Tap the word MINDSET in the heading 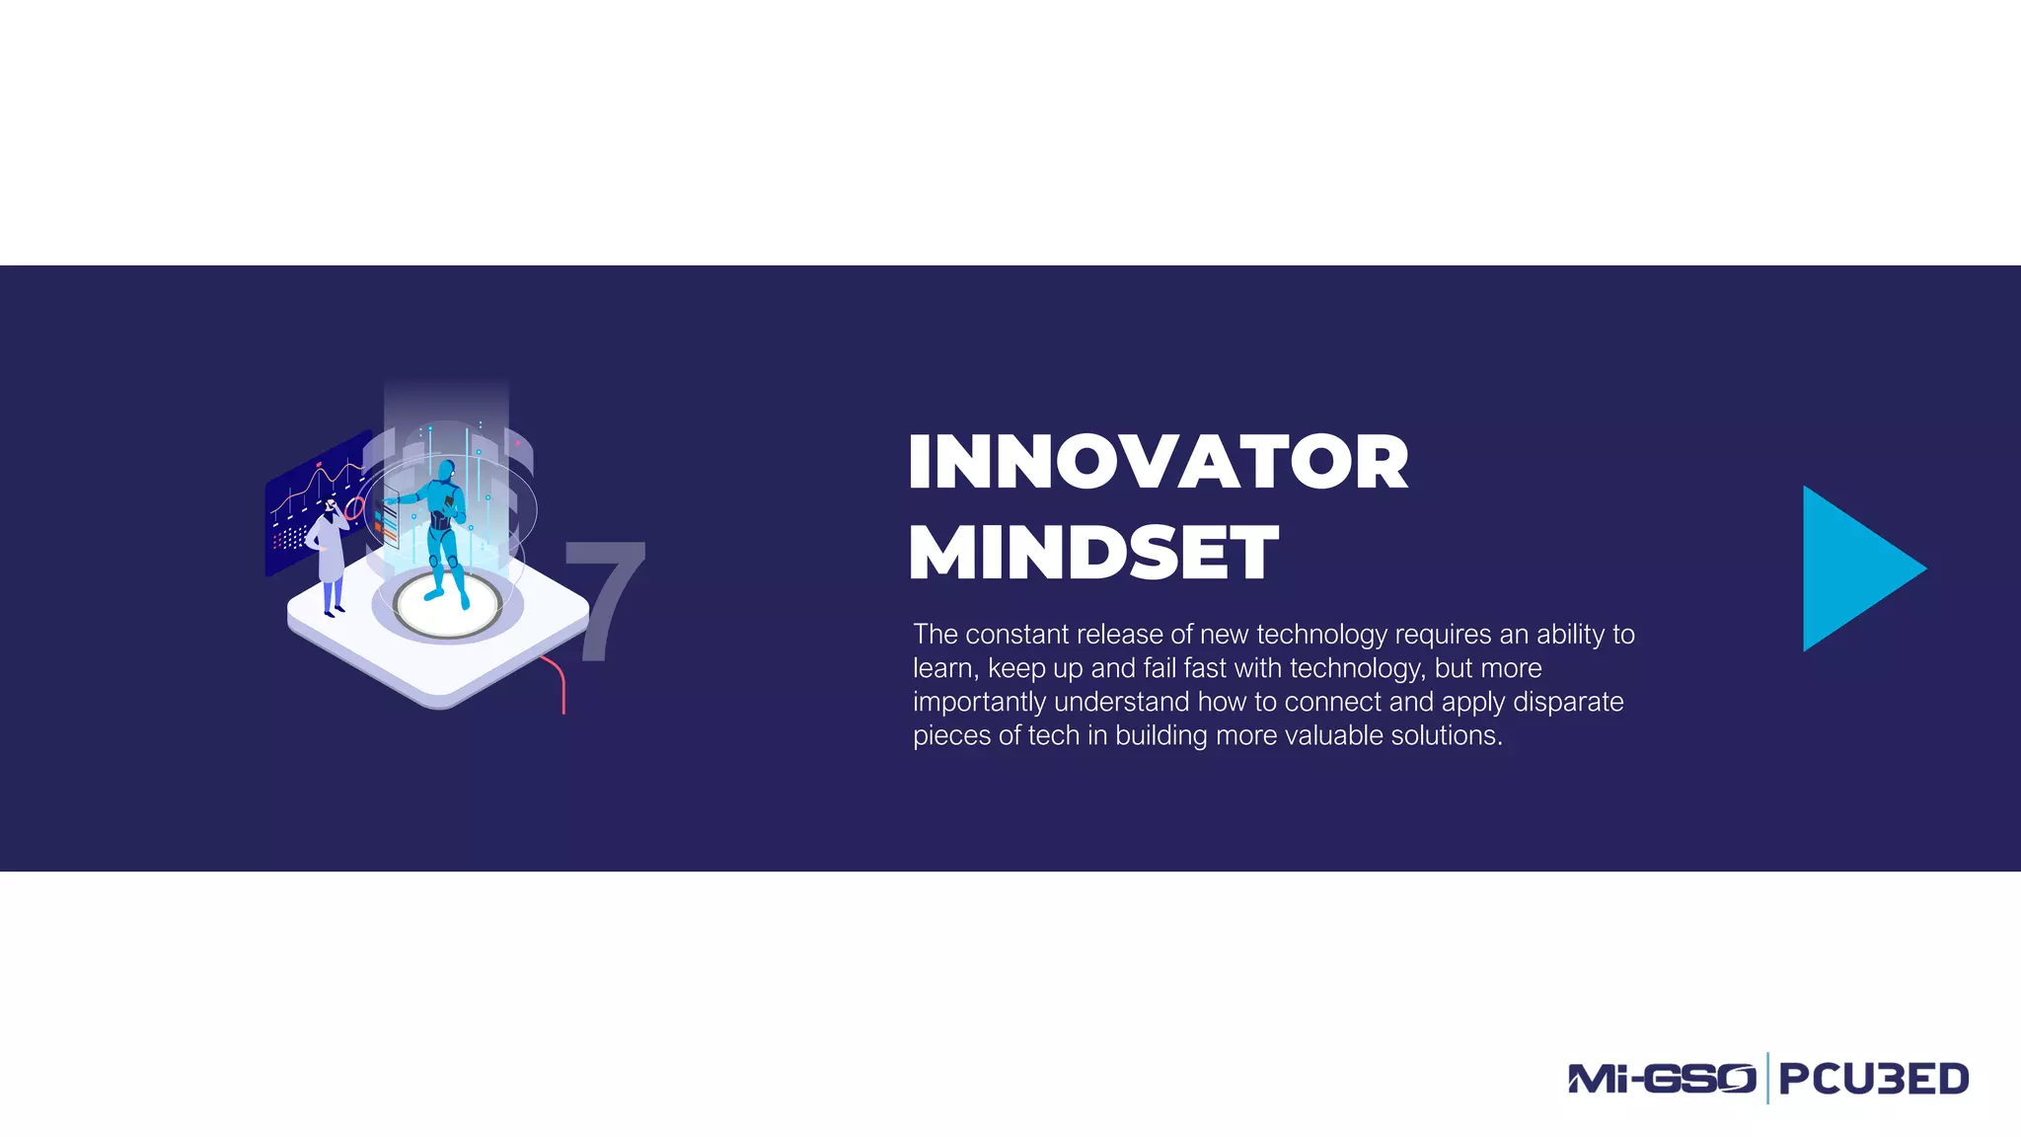pos(1092,553)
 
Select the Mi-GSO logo pos(1662,1079)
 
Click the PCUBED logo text pos(1873,1079)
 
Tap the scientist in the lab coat pos(330,558)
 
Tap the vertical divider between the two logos pos(1767,1078)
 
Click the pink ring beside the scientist pos(354,509)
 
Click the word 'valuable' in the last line pos(1321,736)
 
